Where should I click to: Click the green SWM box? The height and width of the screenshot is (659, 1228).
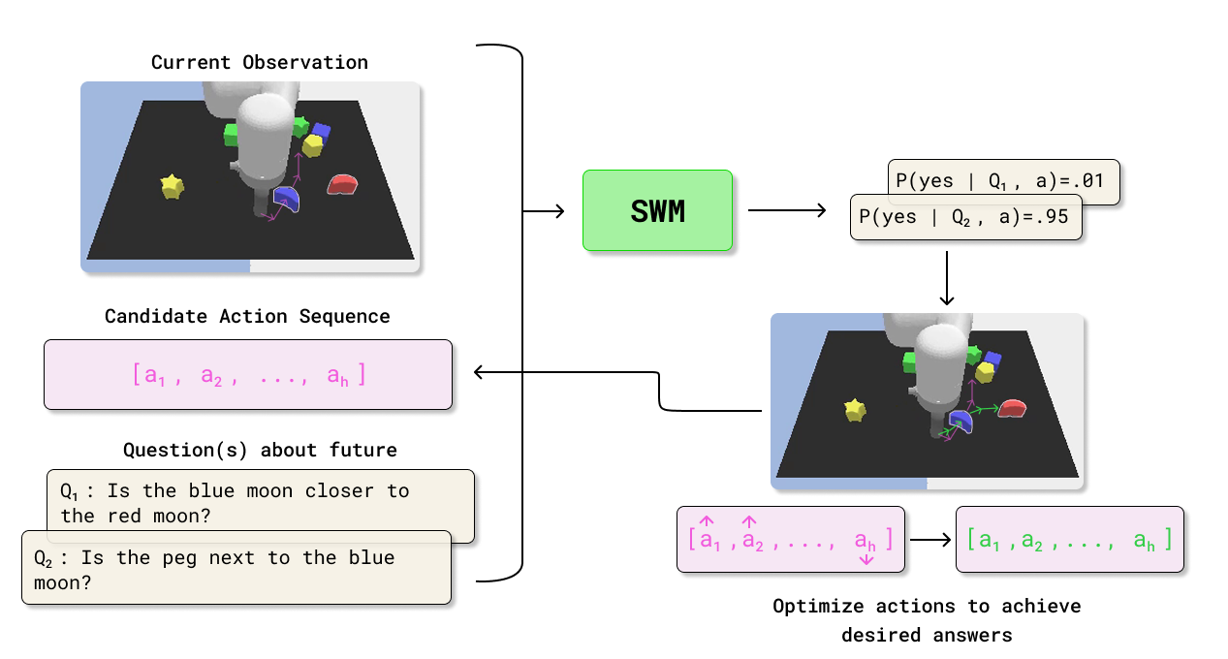[657, 210]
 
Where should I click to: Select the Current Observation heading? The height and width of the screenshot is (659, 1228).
[259, 62]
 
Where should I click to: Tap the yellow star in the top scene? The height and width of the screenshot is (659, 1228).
[172, 186]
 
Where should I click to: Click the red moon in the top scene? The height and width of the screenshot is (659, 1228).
[342, 184]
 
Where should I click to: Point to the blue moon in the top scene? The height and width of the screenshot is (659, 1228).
[287, 200]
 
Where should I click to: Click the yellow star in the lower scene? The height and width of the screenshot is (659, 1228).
[854, 410]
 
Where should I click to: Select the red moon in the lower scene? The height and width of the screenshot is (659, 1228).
[1012, 409]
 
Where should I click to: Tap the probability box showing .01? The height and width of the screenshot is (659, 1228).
[1003, 181]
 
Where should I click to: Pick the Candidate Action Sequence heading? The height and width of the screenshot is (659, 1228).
[247, 317]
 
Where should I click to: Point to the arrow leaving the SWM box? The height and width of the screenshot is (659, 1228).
[785, 210]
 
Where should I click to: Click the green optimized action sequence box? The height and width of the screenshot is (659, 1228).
[1069, 539]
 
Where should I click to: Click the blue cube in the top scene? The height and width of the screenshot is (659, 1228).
[321, 131]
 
